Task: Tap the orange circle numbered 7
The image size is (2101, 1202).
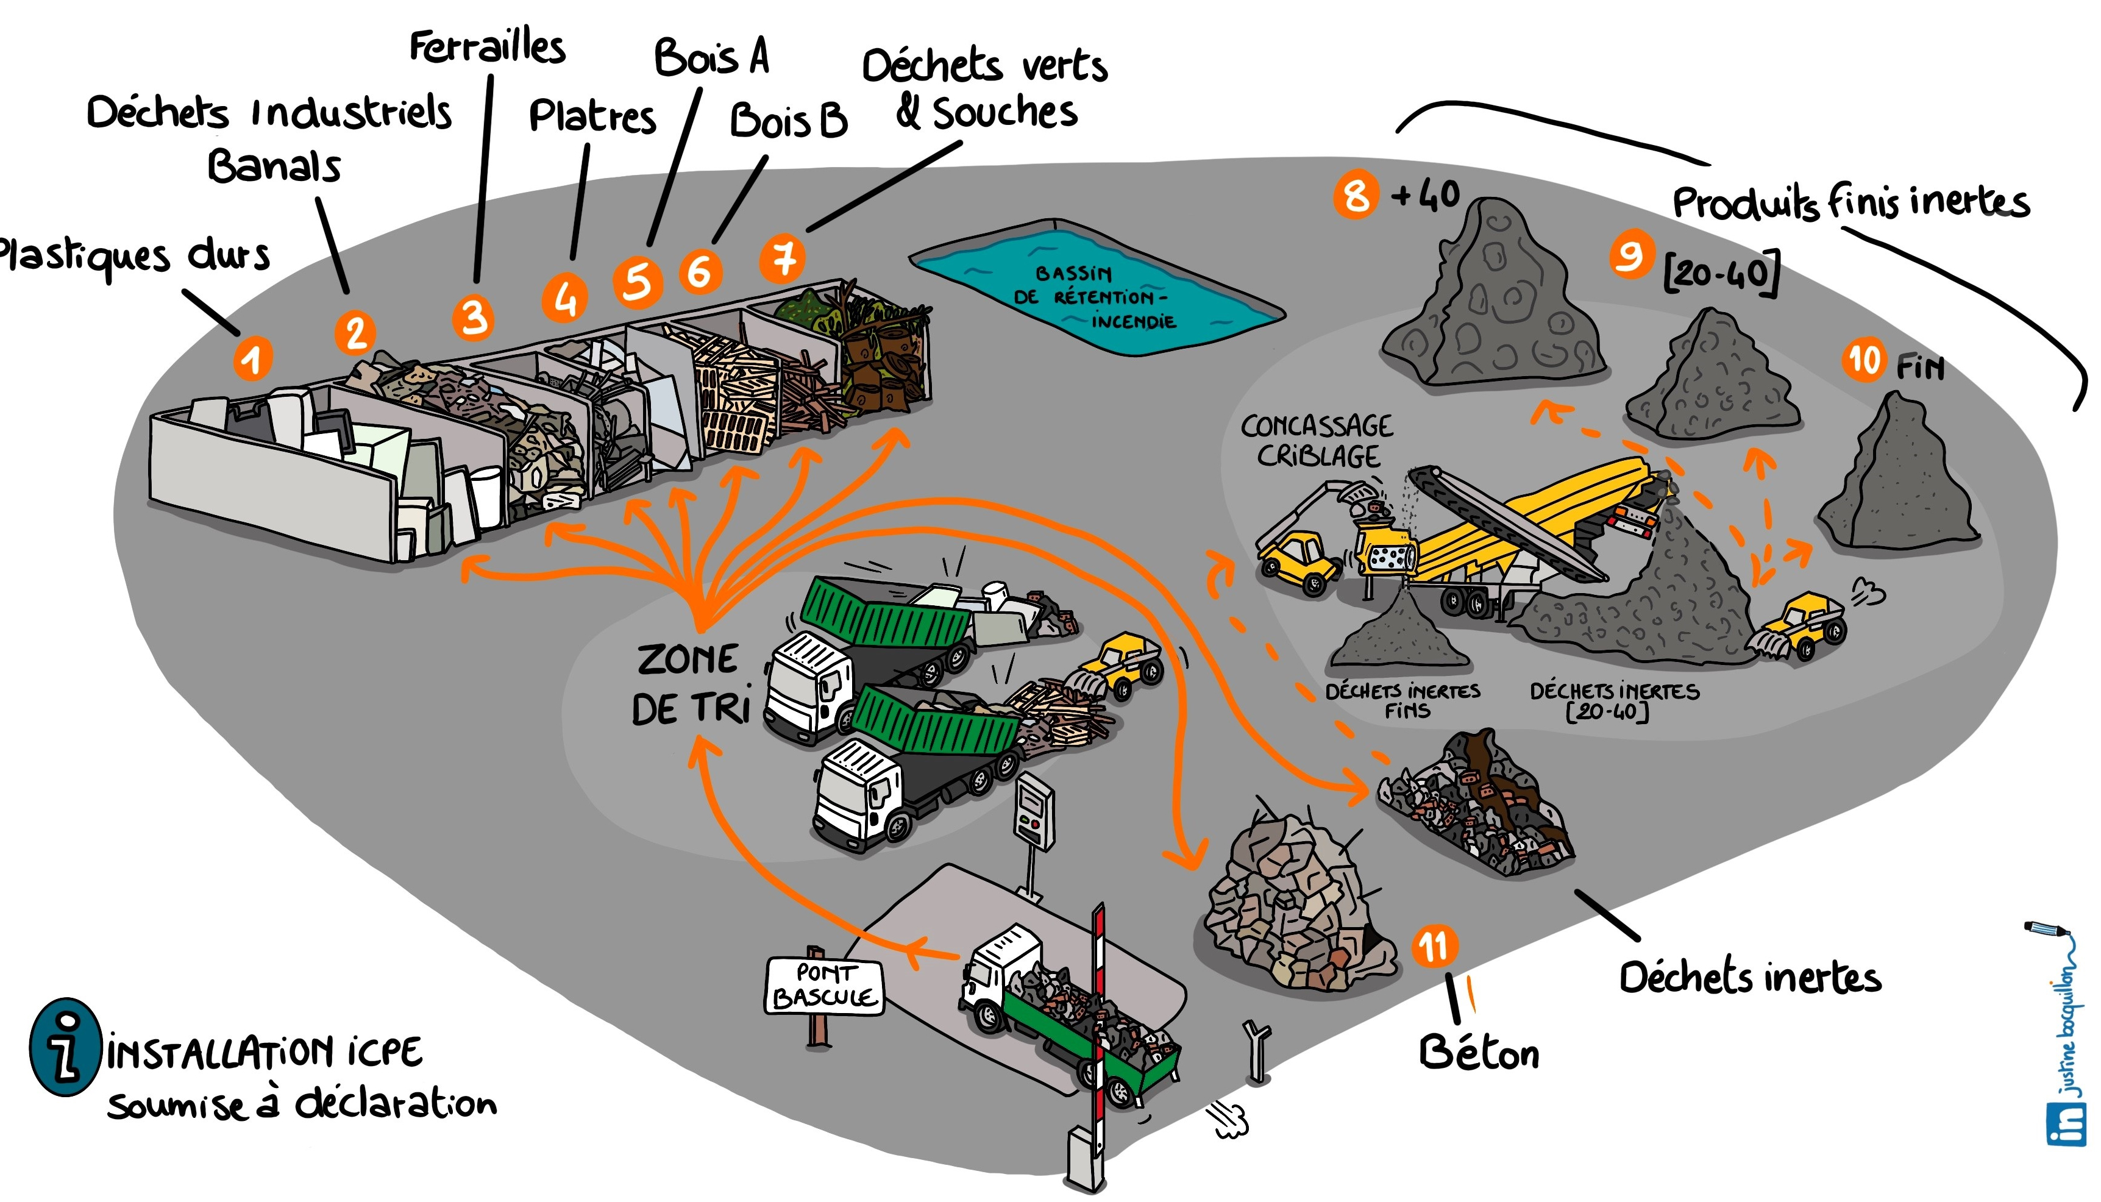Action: pos(783,258)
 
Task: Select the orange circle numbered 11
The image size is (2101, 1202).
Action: pos(1435,946)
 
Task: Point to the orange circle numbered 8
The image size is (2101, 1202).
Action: pos(1356,195)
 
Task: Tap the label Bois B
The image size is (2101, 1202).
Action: pos(788,121)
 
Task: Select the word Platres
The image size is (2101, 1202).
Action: pos(592,116)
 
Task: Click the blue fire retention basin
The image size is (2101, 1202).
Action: pos(1098,289)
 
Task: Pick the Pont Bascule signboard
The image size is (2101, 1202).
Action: pos(824,986)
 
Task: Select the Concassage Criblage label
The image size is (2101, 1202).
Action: pos(1318,441)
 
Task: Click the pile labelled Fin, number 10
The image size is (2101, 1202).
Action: pos(1899,479)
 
